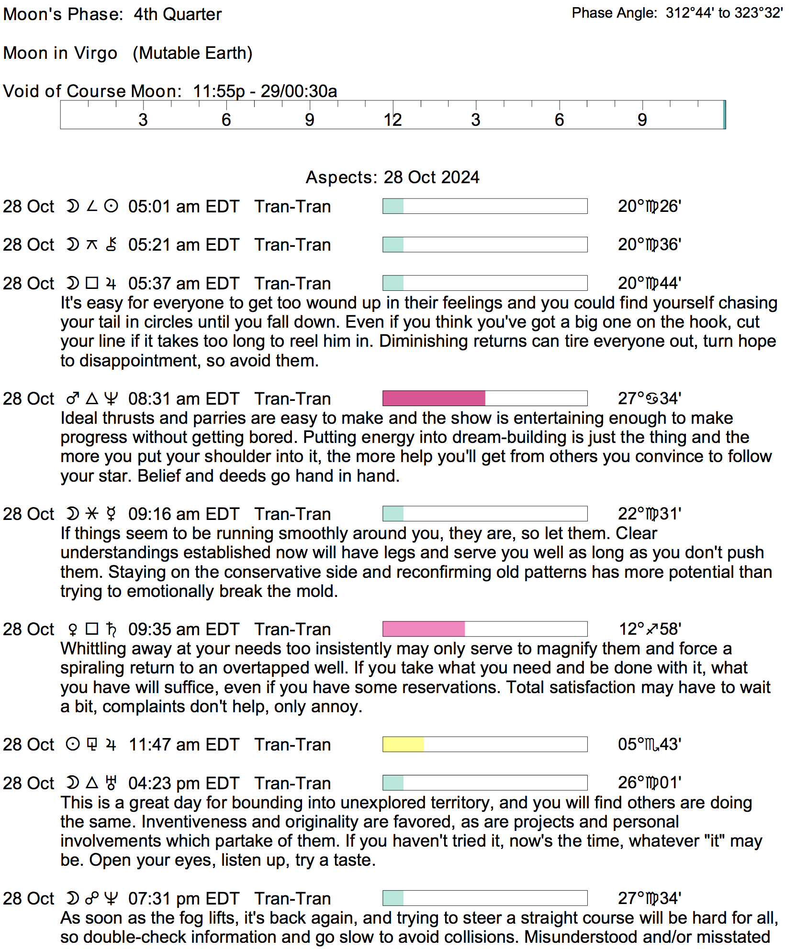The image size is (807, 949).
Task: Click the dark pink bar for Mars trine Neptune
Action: coord(434,398)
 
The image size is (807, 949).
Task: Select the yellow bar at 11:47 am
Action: coord(403,744)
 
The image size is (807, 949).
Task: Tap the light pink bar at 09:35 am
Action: coord(424,629)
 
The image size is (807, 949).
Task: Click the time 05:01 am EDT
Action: coord(183,206)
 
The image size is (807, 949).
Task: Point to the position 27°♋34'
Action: coord(649,398)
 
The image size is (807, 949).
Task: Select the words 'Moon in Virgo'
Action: coord(60,53)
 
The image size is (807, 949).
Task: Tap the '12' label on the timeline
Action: coord(392,120)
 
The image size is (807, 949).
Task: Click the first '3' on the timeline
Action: coord(143,120)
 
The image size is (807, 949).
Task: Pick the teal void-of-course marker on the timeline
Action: coord(724,115)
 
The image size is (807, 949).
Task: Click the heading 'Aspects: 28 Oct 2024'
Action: coord(392,177)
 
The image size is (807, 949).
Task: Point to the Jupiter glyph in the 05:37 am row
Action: coord(111,283)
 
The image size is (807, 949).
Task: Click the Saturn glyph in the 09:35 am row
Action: coord(111,629)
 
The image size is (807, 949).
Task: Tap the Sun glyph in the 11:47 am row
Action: coord(73,744)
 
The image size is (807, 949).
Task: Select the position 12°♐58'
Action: coord(650,629)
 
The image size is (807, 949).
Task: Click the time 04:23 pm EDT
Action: coord(183,783)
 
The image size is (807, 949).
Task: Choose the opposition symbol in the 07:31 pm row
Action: coord(92,898)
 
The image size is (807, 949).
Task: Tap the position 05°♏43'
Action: coord(650,744)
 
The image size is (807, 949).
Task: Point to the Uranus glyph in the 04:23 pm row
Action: coord(111,783)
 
